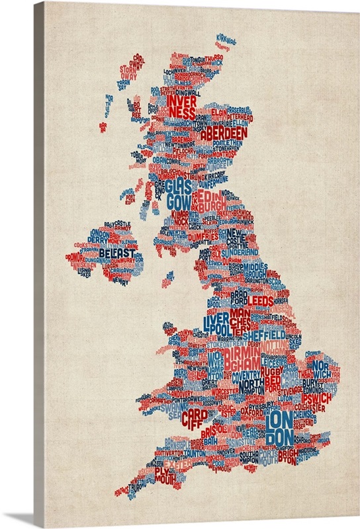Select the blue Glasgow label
point(178,194)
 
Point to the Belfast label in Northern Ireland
point(116,253)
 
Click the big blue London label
point(280,427)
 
